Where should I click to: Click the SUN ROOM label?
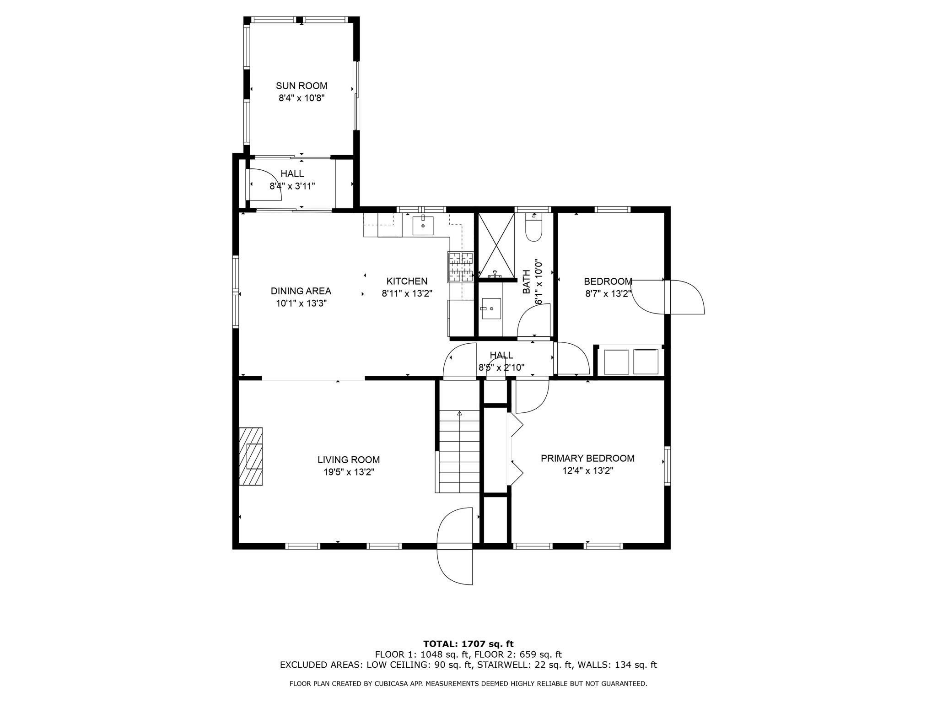(301, 86)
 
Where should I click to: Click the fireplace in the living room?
(251, 456)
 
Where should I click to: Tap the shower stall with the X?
(496, 245)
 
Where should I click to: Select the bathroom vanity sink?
(490, 309)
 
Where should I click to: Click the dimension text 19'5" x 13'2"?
(349, 472)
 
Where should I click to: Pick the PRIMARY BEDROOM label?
(587, 458)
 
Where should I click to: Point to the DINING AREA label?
(301, 291)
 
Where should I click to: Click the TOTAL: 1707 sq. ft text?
(468, 644)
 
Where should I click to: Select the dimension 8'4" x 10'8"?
(301, 98)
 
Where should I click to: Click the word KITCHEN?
(407, 281)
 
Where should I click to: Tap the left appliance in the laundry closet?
(616, 362)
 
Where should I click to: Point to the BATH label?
(526, 281)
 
